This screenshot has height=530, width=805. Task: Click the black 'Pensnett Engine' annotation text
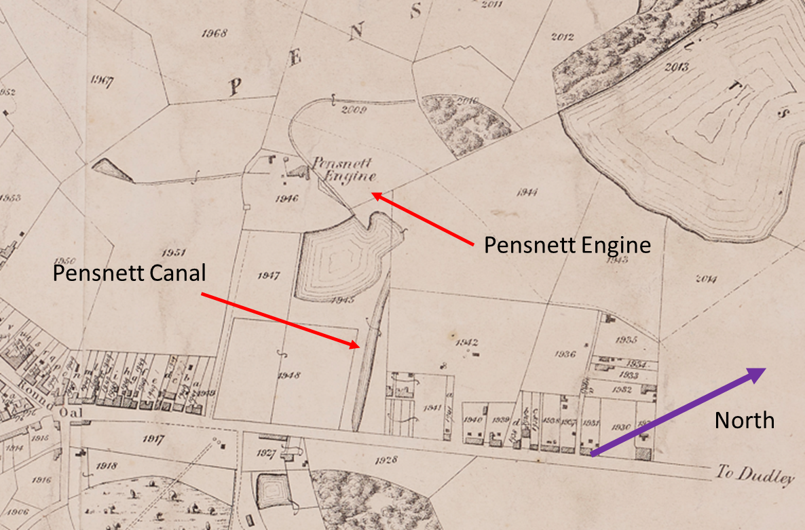(567, 244)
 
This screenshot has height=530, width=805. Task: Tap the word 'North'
(744, 420)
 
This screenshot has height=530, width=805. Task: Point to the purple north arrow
(679, 411)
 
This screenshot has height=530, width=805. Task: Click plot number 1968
(215, 33)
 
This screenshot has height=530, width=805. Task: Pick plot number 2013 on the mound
(677, 67)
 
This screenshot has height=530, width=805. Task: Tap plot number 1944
(527, 192)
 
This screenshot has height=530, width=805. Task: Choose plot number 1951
(174, 252)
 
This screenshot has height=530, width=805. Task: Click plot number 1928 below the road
(385, 460)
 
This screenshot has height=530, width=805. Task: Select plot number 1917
(153, 440)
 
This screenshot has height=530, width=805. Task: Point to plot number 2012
(563, 37)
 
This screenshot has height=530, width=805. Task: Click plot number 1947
(269, 276)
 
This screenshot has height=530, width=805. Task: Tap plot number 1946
(288, 199)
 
